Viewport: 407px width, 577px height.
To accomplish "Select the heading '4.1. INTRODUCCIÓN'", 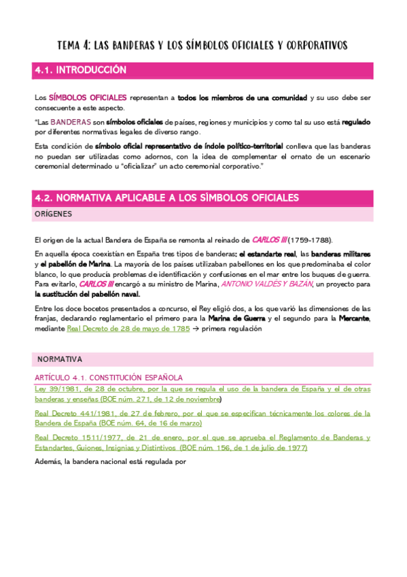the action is pos(80,70).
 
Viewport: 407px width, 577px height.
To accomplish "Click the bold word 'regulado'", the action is pos(356,122).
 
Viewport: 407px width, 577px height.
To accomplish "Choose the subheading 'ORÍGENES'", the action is pos(53,214).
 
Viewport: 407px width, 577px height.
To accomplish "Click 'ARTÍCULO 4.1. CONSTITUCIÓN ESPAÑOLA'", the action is pos(109,377).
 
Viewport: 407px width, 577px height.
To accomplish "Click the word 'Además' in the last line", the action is pos(47,461).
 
